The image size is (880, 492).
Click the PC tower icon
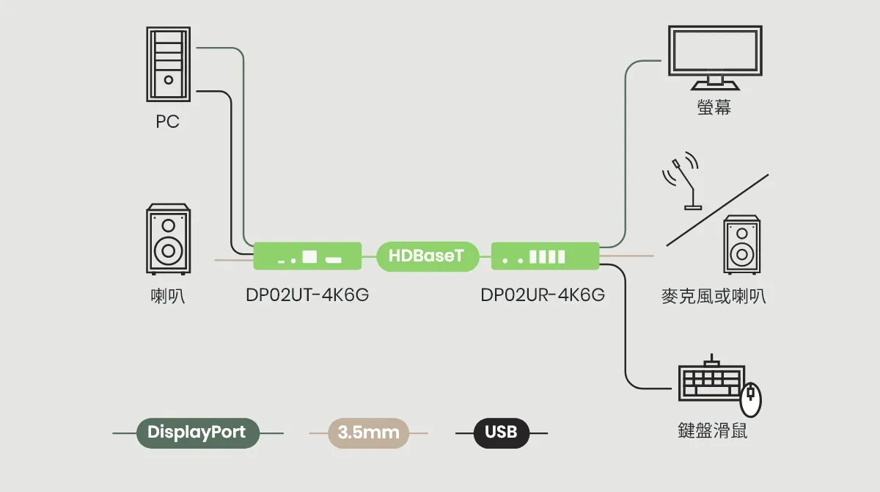click(168, 65)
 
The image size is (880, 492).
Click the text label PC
click(167, 122)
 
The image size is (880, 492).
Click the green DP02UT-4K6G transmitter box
click(307, 256)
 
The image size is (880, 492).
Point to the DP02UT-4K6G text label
click(307, 295)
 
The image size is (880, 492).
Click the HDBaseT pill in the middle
click(426, 256)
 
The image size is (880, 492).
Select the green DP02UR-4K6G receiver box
click(545, 256)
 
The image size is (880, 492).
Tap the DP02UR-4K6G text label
click(543, 295)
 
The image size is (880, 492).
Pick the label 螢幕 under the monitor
click(714, 108)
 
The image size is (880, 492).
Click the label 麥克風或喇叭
click(714, 297)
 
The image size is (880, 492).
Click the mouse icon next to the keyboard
click(751, 399)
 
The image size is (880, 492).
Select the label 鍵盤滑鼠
click(713, 430)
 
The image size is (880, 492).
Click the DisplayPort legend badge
click(197, 433)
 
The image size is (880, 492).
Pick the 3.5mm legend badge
click(369, 433)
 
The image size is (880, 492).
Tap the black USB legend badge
click(501, 433)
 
